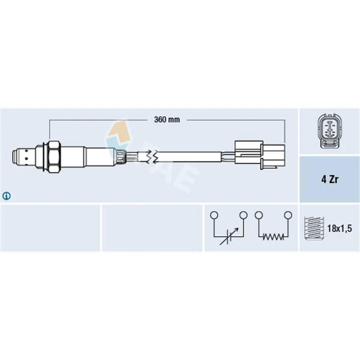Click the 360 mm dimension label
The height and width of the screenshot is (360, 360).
click(x=167, y=120)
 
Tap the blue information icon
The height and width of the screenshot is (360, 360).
click(x=6, y=196)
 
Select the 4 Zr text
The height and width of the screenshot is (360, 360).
click(x=330, y=179)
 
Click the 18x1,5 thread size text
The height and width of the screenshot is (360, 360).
click(x=339, y=229)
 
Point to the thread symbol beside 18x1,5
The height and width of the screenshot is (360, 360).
click(x=314, y=228)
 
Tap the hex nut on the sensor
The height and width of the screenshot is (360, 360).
click(x=54, y=157)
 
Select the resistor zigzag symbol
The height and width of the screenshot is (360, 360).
click(x=273, y=237)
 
